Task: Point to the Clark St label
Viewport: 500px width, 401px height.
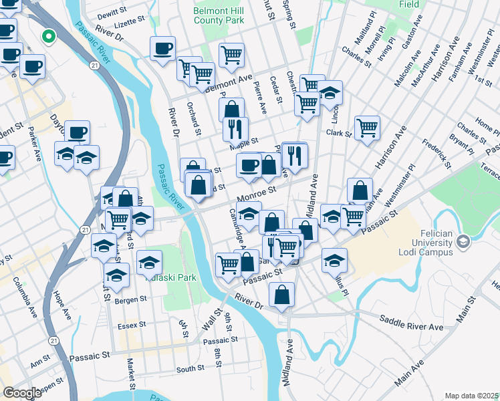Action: click(x=339, y=134)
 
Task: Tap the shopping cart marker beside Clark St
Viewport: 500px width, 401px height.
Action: click(x=367, y=127)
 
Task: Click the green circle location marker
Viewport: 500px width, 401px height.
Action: click(x=48, y=37)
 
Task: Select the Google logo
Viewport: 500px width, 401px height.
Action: click(x=22, y=393)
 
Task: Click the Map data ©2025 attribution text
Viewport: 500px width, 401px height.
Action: click(x=471, y=396)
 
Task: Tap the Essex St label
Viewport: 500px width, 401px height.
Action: click(x=131, y=325)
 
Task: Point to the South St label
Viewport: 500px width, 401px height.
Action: click(x=191, y=369)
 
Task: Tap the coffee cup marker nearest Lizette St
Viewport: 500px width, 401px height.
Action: click(x=163, y=48)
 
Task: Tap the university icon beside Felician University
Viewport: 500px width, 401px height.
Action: click(x=461, y=248)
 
